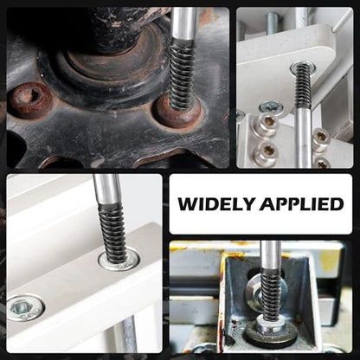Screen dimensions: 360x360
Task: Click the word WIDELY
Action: (216, 204)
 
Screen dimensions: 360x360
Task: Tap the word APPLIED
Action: (301, 204)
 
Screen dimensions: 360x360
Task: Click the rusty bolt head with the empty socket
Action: (30, 100)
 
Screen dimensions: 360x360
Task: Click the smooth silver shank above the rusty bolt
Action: (184, 24)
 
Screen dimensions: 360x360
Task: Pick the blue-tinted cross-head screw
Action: (271, 107)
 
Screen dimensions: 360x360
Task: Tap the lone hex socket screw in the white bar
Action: (26, 308)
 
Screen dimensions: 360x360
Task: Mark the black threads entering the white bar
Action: (114, 232)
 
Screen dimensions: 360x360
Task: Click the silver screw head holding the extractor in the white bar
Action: (119, 259)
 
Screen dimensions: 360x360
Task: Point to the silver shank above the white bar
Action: (106, 189)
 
